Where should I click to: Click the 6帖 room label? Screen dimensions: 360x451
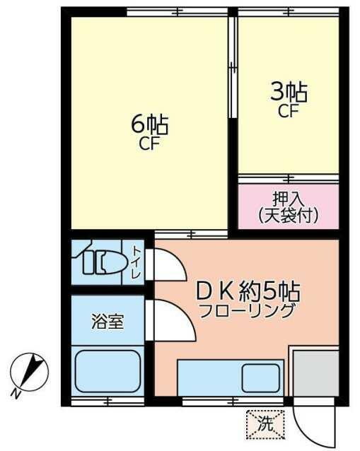150,124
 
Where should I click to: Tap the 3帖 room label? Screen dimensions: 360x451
289,93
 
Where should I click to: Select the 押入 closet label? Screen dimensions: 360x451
287,199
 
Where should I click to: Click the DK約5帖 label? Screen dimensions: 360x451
248,291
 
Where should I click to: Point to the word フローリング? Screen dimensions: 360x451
248,310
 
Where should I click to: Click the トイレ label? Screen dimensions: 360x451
136,262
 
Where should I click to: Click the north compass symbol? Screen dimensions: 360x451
30,371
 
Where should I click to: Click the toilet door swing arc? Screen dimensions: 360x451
176,261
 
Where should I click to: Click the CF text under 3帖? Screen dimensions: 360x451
289,111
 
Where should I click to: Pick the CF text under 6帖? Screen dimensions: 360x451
150,143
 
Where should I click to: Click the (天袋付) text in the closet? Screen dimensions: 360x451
289,216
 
